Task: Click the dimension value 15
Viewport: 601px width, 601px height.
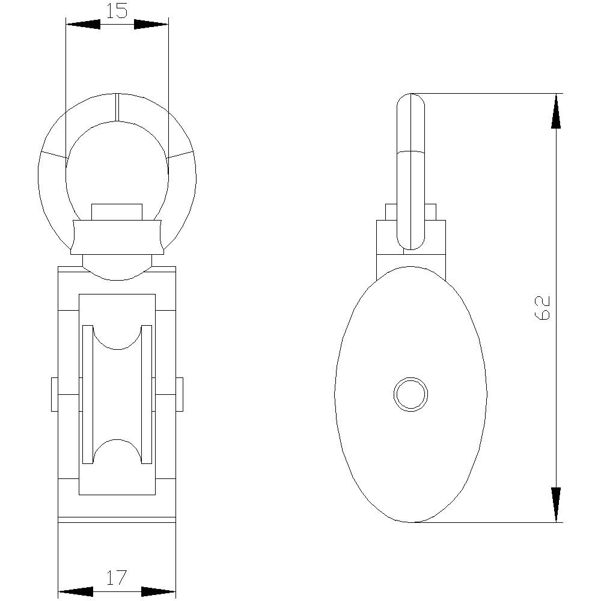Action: pos(117,11)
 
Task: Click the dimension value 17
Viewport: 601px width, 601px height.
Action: pos(117,578)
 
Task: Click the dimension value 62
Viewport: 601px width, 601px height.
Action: pos(542,308)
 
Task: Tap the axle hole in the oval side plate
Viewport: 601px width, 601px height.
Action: pos(411,394)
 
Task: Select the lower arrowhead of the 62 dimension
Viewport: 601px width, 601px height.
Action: pos(556,504)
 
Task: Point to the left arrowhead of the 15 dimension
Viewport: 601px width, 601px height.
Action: pos(83,24)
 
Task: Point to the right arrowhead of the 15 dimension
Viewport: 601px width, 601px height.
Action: pos(151,24)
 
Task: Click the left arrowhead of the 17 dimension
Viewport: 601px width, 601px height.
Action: pos(76,591)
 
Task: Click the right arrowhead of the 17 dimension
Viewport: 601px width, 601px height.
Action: pos(158,591)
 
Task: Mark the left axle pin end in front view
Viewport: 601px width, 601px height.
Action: pos(55,394)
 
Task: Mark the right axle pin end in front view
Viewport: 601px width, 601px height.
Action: pos(179,394)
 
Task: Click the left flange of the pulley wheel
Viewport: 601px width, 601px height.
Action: pos(87,394)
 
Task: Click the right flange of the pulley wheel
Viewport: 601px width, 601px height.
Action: pos(147,394)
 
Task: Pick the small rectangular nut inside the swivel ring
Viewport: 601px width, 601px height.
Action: pos(117,212)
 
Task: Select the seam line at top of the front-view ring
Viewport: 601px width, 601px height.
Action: pos(117,108)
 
